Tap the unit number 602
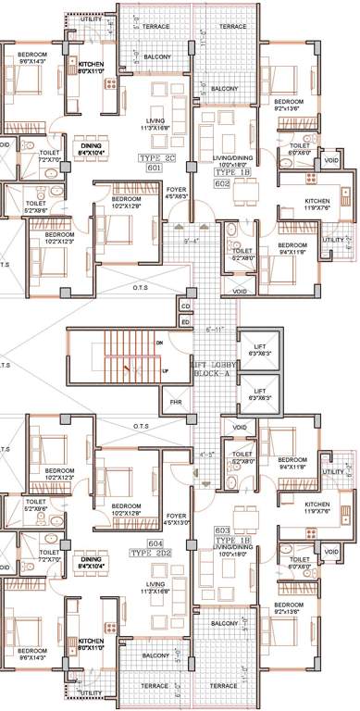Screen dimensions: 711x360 (222, 182)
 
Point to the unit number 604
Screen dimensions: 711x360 (155, 543)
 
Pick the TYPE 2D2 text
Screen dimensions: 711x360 (154, 553)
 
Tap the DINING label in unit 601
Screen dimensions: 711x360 (91, 145)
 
